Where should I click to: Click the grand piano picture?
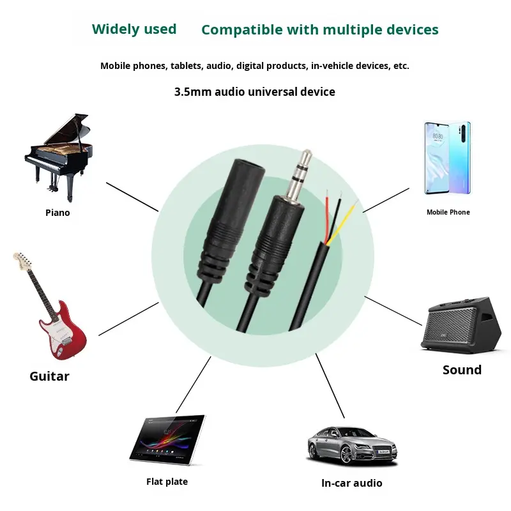(x=59, y=153)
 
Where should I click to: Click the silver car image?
(x=352, y=444)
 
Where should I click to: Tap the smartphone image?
(x=448, y=158)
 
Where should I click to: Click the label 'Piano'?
(x=57, y=213)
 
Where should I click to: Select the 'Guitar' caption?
(x=49, y=376)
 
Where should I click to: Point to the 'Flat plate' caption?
(x=167, y=482)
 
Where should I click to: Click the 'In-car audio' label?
(x=351, y=483)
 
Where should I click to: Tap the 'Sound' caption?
(x=462, y=370)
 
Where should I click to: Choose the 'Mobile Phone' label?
(x=448, y=212)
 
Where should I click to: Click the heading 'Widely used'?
(x=134, y=29)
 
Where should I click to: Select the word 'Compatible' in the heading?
(x=242, y=30)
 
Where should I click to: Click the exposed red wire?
(x=328, y=211)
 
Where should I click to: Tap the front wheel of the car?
(x=347, y=455)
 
